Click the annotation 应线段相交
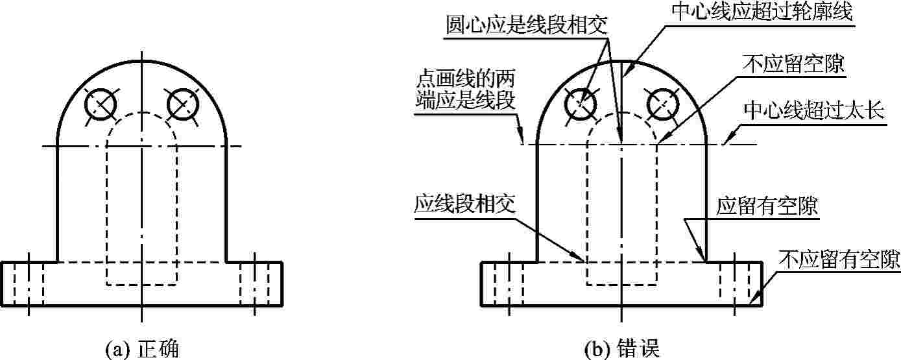click(x=464, y=204)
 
